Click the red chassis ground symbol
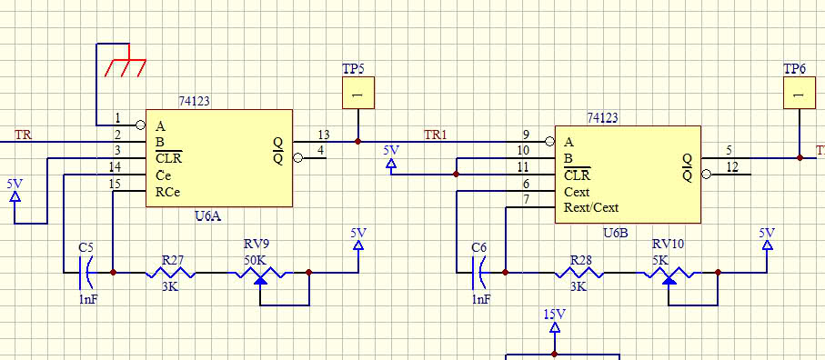coord(126,65)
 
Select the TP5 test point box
coord(358,93)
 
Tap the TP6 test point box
coord(800,93)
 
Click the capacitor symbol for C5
coord(86,272)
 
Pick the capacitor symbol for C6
coord(478,272)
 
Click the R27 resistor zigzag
coord(170,272)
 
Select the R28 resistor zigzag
coord(579,272)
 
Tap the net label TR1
coord(436,135)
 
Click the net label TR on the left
coord(23,135)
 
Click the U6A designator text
coord(207,215)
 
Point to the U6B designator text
coord(615,233)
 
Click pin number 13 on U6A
coord(323,135)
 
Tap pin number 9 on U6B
coord(526,135)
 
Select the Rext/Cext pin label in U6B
coord(591,207)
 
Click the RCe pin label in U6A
coord(168,192)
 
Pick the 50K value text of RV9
coord(254,260)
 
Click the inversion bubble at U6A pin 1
coord(140,125)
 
